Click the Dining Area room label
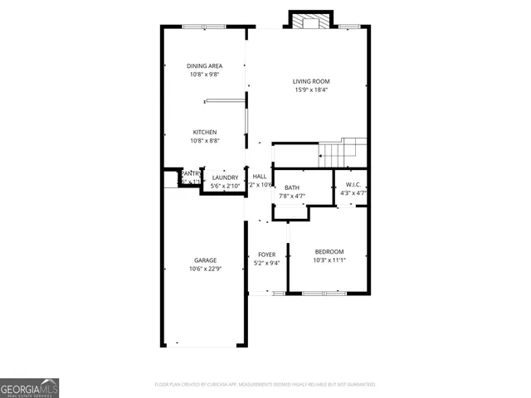[204, 66]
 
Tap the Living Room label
[311, 80]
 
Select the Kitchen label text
[205, 132]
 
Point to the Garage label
[205, 260]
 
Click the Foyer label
[266, 255]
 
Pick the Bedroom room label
[329, 251]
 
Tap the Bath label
[291, 187]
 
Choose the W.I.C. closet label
[353, 184]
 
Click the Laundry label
[225, 177]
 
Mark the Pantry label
[192, 173]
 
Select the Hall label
[260, 177]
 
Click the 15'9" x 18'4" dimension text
[311, 90]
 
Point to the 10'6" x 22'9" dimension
[205, 269]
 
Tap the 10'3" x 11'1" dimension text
[329, 260]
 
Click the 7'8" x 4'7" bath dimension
[291, 197]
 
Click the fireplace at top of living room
[311, 20]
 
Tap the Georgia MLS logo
[29, 388]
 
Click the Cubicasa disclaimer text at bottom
[265, 385]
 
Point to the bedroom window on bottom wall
[324, 293]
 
